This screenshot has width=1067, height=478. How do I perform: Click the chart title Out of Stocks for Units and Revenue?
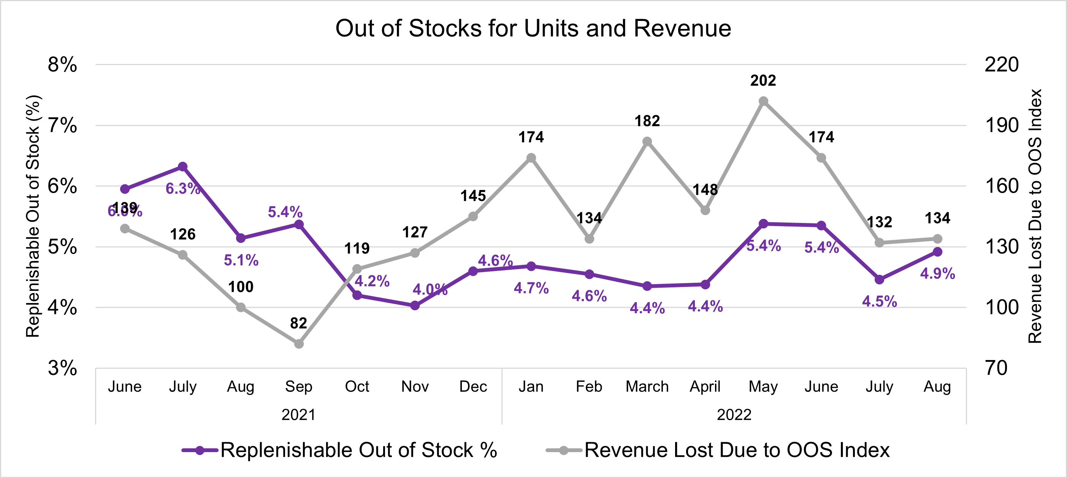[533, 28]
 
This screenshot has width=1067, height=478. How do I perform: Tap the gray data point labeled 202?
[764, 101]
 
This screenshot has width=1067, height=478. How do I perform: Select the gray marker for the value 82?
[299, 344]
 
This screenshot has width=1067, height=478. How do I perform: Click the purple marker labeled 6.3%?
[183, 167]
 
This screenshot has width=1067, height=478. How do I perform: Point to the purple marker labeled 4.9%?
[938, 252]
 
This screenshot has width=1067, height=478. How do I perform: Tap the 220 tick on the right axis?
[1002, 65]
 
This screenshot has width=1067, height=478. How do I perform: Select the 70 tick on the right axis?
[996, 368]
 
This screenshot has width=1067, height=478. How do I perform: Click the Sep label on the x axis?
[299, 386]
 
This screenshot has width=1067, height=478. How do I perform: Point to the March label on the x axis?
[647, 386]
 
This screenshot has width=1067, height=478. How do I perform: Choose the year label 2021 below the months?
[298, 414]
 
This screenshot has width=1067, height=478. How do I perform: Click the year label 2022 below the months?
[734, 414]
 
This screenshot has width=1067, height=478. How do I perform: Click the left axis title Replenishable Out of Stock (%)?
[33, 217]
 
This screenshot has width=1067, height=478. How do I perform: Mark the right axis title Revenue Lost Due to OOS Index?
[1035, 217]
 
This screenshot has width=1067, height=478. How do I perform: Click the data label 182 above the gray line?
[647, 121]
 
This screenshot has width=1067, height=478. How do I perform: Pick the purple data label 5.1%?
[241, 260]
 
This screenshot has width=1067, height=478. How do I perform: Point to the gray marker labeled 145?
[473, 217]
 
